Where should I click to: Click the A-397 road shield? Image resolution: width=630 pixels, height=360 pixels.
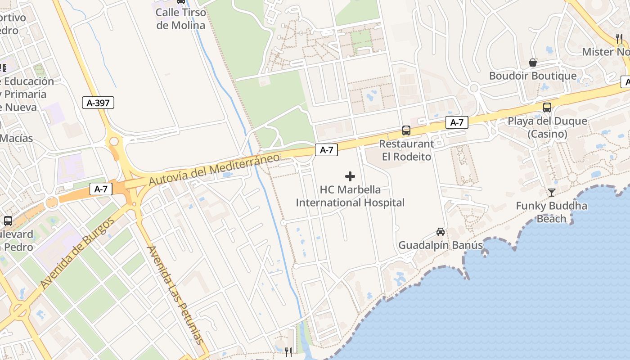[x=98, y=103]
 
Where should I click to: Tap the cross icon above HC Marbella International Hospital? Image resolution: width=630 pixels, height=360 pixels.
[x=350, y=176]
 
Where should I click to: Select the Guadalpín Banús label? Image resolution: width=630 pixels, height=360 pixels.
[x=441, y=245]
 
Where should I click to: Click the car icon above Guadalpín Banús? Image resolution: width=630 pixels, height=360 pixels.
[x=441, y=232]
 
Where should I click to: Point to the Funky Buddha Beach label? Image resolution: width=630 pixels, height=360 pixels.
[x=551, y=212]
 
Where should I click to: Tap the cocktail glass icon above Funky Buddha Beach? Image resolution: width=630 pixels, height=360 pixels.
[x=552, y=193]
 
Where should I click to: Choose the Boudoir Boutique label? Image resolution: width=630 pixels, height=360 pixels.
[x=532, y=76]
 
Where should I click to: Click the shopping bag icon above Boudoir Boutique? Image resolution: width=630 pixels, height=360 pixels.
[x=533, y=62]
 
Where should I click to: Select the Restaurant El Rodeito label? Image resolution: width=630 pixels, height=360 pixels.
[x=406, y=150]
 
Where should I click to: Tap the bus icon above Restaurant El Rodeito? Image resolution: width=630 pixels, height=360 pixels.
[x=406, y=130]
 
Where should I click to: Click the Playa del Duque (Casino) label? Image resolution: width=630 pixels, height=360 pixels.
[x=547, y=127]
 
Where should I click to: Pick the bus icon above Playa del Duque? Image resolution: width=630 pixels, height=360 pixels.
[x=547, y=108]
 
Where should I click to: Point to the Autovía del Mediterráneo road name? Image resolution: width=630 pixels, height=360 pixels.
[x=214, y=169]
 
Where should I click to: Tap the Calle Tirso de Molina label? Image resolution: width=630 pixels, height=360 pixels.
[x=180, y=19]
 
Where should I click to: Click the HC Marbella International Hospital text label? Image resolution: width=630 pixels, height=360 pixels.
[x=350, y=196]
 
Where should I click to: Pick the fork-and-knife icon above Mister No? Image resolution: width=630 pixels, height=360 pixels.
[x=619, y=38]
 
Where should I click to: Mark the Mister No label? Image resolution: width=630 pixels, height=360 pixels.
[x=605, y=52]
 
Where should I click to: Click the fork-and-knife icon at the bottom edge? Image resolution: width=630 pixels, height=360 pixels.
[x=288, y=352]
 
